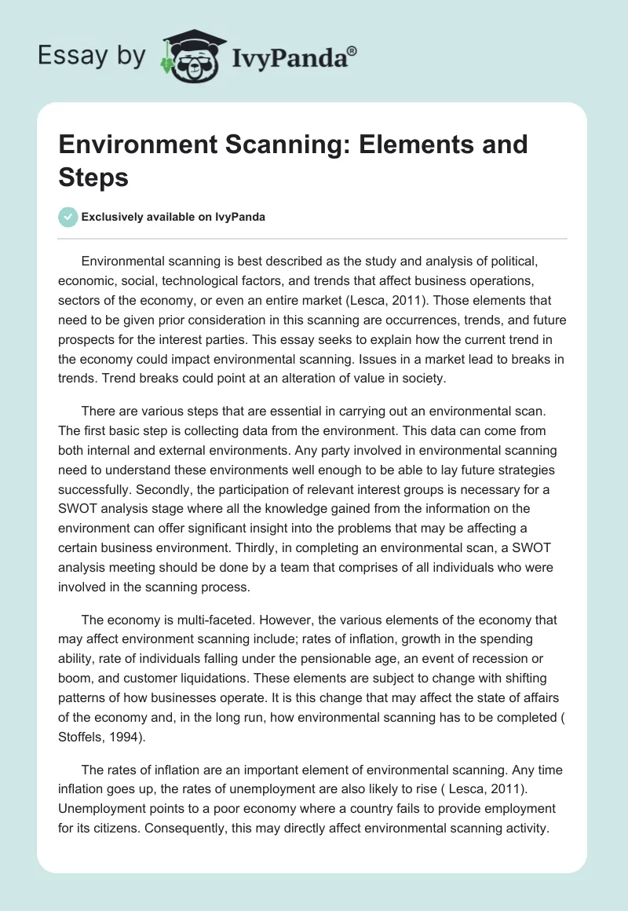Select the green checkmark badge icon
click(68, 217)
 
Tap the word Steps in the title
click(93, 177)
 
